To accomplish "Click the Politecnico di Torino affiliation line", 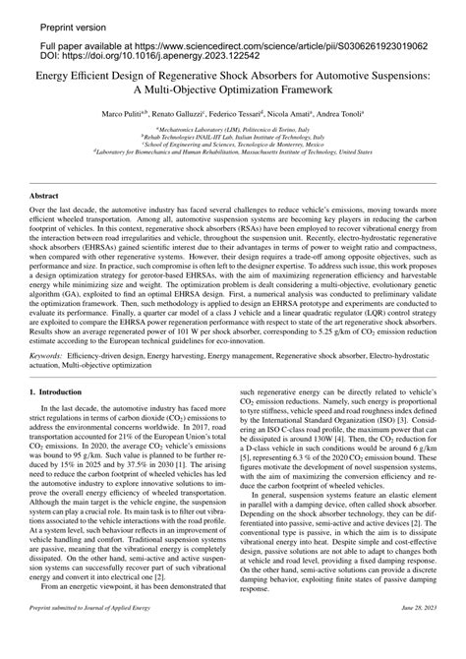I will click(233, 129).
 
